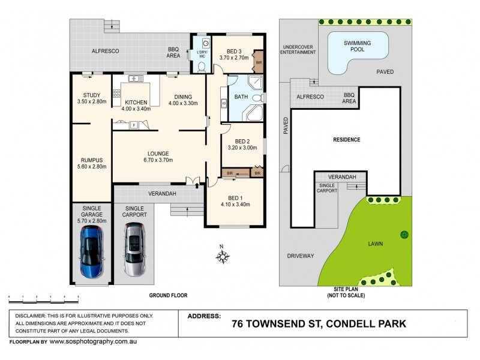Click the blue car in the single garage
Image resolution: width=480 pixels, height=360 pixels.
pyautogui.click(x=92, y=251)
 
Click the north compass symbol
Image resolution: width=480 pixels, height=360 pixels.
pyautogui.click(x=223, y=257)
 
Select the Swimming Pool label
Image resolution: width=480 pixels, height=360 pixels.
pyautogui.click(x=358, y=47)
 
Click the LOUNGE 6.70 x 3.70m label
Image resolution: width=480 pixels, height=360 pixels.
pyautogui.click(x=158, y=157)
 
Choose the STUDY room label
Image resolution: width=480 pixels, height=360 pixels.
pyautogui.click(x=92, y=98)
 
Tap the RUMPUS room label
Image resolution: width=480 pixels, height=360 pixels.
pyautogui.click(x=92, y=163)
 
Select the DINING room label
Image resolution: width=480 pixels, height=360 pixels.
pyautogui.click(x=182, y=101)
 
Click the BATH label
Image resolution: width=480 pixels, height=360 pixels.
pyautogui.click(x=241, y=97)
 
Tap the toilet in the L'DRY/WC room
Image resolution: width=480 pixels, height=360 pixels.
pyautogui.click(x=202, y=66)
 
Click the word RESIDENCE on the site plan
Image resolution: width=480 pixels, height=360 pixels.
pyautogui.click(x=346, y=140)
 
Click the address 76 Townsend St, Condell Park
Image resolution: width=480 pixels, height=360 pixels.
pyautogui.click(x=319, y=324)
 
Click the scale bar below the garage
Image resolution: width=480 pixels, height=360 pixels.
pyautogui.click(x=43, y=296)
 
